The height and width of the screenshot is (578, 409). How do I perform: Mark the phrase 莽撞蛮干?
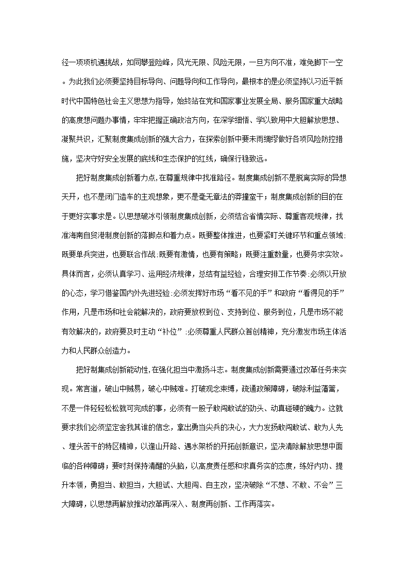tap(245, 198)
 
